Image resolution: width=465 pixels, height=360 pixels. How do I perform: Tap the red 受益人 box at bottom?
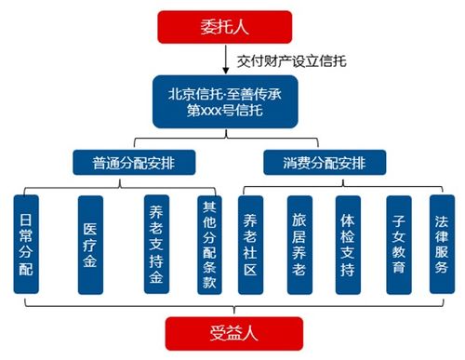[232, 333]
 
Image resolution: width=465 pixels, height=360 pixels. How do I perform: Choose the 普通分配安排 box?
[133, 165]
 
